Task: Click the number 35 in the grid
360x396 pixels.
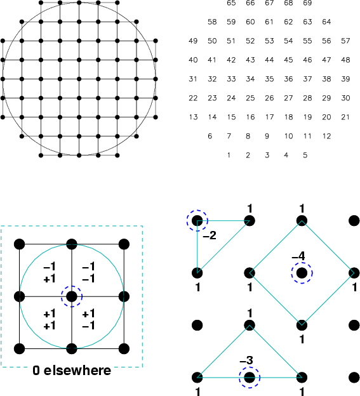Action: tap(269, 79)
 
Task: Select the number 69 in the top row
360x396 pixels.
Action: tap(307, 3)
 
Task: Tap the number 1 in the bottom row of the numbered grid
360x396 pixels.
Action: tap(229, 155)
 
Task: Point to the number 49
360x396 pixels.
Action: tap(193, 41)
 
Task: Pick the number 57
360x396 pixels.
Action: tap(345, 41)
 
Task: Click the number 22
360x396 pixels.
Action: tap(193, 98)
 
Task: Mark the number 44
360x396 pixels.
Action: tap(269, 60)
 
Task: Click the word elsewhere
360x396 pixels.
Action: tap(77, 371)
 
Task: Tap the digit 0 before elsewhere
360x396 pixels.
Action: tap(36, 371)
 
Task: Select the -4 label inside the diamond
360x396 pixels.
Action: tap(298, 256)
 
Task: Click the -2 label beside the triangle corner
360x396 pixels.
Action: tap(210, 235)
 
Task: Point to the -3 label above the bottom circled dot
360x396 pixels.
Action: tap(246, 360)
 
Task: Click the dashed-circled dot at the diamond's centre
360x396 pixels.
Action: tap(302, 273)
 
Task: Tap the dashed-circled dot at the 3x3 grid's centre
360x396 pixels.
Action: tap(72, 296)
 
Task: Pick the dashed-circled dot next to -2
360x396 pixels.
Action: tap(197, 221)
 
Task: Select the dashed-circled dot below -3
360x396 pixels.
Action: tap(250, 378)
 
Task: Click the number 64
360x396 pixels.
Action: tap(326, 22)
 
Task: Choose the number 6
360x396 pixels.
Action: tap(210, 136)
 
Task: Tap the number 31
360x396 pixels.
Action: tap(193, 79)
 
